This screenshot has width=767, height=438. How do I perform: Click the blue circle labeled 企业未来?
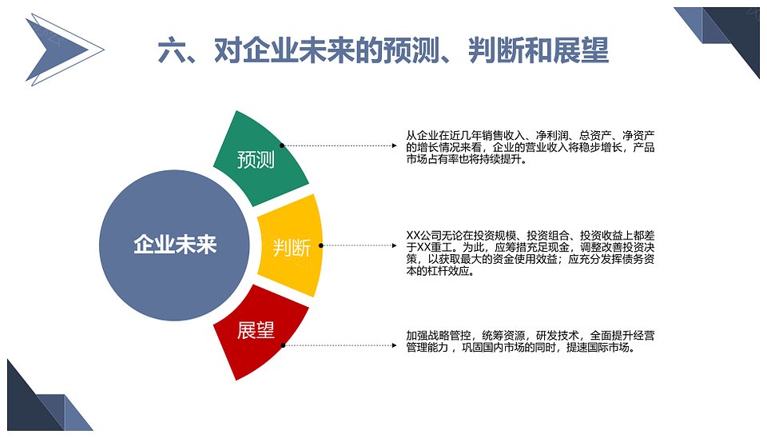point(174,245)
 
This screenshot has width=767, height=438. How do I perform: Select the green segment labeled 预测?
point(259,159)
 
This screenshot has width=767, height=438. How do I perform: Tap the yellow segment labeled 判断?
point(292,246)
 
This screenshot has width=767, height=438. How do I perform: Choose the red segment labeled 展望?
point(258,332)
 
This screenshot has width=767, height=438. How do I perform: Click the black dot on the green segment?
point(282,145)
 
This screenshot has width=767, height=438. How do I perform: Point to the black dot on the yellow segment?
point(321,245)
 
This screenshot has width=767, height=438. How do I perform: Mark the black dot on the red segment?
point(283,345)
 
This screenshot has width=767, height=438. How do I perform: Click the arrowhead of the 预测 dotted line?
point(394,145)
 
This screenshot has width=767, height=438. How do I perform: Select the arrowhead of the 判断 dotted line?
point(394,245)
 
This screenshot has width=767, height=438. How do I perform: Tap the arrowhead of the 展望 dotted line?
point(394,345)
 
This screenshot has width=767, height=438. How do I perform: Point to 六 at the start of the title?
point(171,50)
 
